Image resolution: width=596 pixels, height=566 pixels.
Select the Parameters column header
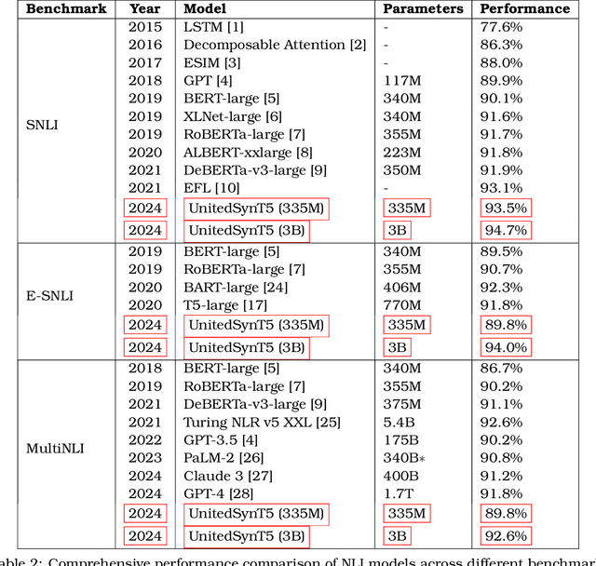coord(422,8)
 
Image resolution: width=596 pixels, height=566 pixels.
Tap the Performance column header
coord(524,8)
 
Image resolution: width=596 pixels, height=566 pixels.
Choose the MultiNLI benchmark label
coord(50,448)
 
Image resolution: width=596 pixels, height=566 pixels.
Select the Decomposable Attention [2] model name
coord(274,44)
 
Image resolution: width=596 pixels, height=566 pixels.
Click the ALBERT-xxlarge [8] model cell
coord(248,152)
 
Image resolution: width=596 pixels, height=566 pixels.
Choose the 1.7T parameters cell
coord(398,493)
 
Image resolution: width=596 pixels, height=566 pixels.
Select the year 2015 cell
coord(144,26)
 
